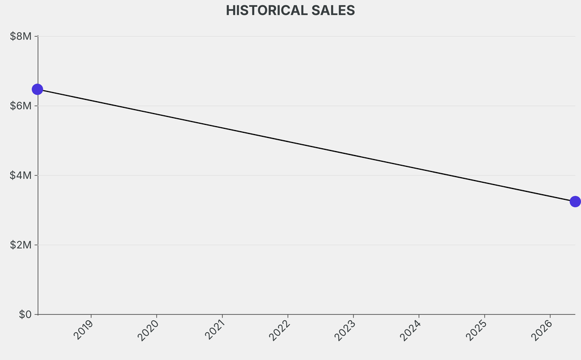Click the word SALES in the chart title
click(x=333, y=10)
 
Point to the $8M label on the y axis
click(x=21, y=36)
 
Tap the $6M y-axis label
click(x=21, y=106)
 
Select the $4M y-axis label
click(x=21, y=175)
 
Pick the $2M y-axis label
click(x=21, y=245)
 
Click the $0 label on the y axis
click(x=25, y=315)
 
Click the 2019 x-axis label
click(x=83, y=329)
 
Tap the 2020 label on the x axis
click(x=148, y=330)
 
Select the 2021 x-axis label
click(x=214, y=329)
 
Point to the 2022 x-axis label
click(x=279, y=330)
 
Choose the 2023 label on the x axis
click(x=345, y=330)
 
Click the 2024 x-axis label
click(x=411, y=330)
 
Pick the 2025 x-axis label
click(x=476, y=330)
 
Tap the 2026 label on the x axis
click(x=542, y=330)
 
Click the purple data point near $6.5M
click(x=37, y=89)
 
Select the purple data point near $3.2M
click(x=575, y=202)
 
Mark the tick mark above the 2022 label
click(x=288, y=316)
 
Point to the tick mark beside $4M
click(x=36, y=175)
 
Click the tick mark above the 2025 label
click(x=485, y=316)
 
